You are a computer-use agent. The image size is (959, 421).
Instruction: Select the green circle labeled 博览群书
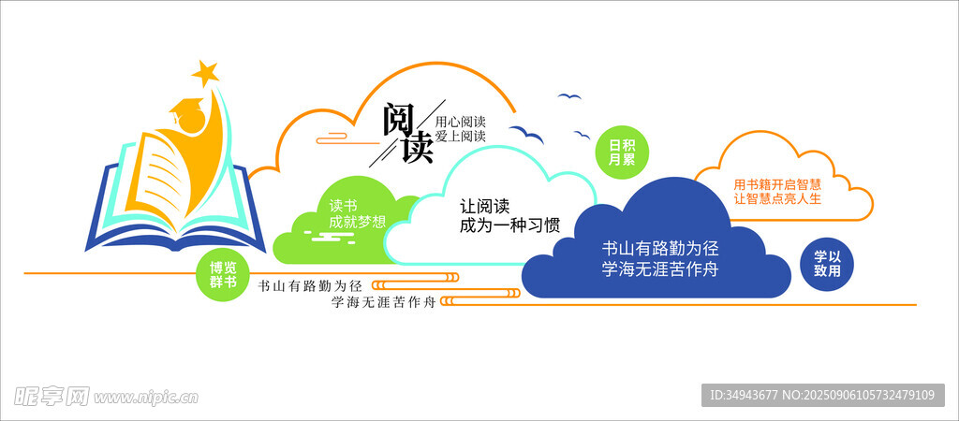(224, 275)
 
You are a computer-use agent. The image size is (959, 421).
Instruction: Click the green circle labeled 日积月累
(622, 152)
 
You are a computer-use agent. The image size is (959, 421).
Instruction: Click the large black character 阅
(398, 121)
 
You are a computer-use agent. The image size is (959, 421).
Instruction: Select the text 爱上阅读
(460, 137)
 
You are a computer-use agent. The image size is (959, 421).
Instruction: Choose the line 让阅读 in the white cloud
(484, 207)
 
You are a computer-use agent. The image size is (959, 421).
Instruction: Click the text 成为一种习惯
(509, 225)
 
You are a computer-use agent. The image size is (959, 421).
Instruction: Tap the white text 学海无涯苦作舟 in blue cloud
(659, 269)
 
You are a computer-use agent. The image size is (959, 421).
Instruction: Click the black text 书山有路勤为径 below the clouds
(310, 285)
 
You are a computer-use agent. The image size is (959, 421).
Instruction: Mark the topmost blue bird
(568, 96)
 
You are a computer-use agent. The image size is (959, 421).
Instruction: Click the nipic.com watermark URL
(145, 398)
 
